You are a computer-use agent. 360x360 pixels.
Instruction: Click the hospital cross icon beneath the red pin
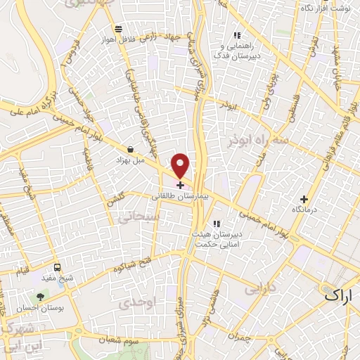coord(181,185)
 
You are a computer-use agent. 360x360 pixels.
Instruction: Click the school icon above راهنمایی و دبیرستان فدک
coord(238,36)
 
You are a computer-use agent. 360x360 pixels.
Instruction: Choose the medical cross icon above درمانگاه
coord(304,199)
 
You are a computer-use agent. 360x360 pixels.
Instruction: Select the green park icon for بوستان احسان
coord(40,296)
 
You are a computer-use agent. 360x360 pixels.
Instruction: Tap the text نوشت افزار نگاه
coord(326,8)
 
